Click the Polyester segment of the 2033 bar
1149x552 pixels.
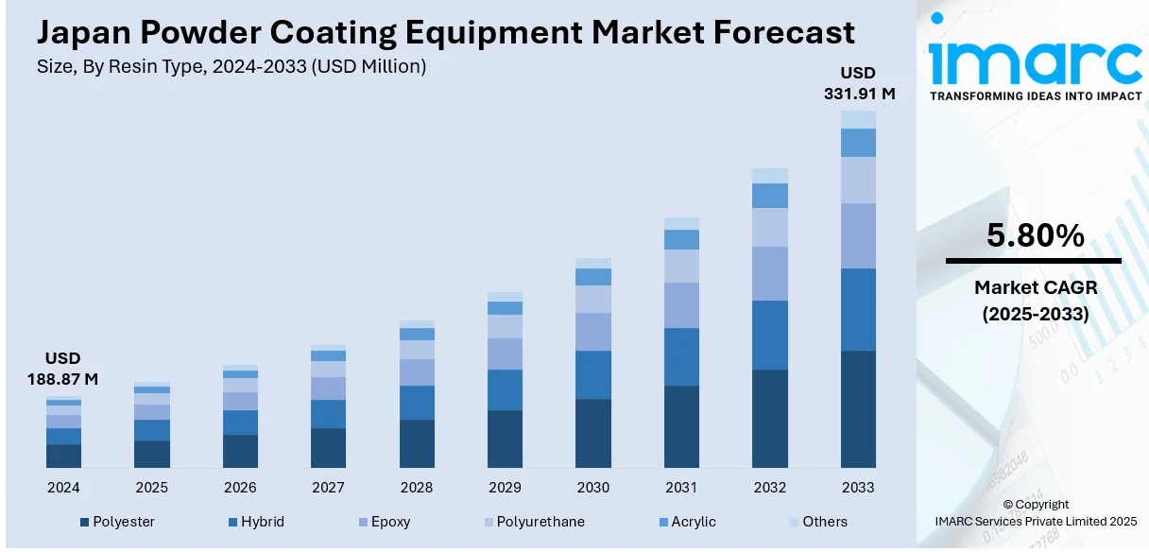tap(858, 408)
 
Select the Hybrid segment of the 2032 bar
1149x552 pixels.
tap(769, 335)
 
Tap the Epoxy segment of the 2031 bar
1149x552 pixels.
tap(681, 304)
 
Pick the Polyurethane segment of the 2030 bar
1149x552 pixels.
tap(592, 299)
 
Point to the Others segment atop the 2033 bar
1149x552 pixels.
tap(858, 119)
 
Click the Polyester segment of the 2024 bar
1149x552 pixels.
tap(63, 456)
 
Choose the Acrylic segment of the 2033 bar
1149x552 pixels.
tap(858, 143)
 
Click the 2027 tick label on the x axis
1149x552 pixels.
tap(328, 488)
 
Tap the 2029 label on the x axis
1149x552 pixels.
tap(505, 488)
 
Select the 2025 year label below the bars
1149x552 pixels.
tap(151, 488)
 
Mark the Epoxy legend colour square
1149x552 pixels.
tap(361, 522)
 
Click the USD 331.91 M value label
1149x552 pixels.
tap(858, 83)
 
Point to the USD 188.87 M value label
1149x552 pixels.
tap(63, 369)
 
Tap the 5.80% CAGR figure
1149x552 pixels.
tap(1034, 236)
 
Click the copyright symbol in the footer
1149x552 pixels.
tap(1007, 505)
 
